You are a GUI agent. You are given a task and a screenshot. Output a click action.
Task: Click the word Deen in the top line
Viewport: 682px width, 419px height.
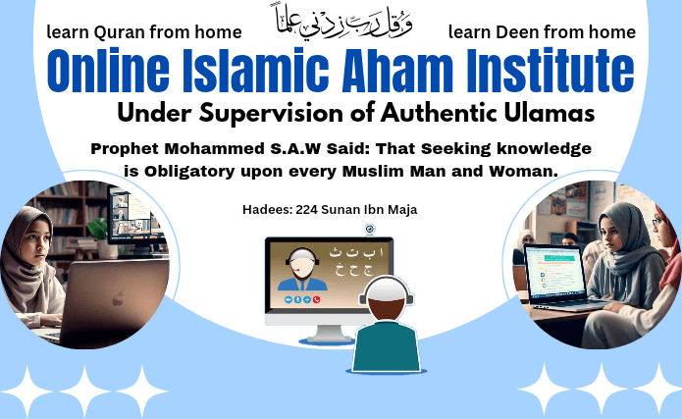pos(519,32)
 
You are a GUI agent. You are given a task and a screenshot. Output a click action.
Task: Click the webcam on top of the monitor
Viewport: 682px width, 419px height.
pos(370,231)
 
